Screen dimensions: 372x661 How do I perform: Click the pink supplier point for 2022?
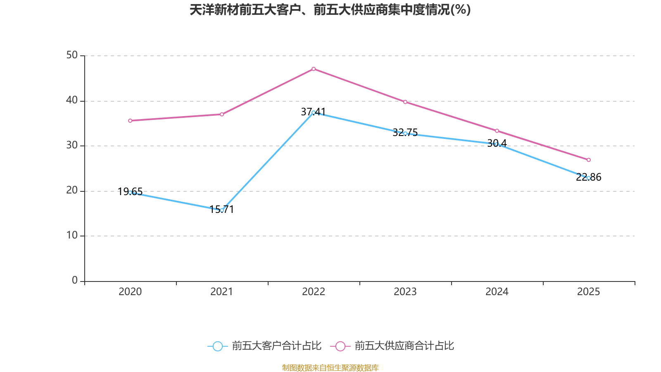pyautogui.click(x=314, y=69)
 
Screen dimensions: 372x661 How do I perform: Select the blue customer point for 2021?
pyautogui.click(x=222, y=210)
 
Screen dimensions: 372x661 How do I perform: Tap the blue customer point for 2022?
pyautogui.click(x=314, y=112)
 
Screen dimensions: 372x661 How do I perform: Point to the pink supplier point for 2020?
pyautogui.click(x=130, y=121)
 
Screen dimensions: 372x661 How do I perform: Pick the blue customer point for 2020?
pyautogui.click(x=130, y=193)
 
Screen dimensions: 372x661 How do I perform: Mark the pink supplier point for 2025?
pyautogui.click(x=589, y=160)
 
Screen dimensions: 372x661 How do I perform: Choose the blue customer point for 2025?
pyautogui.click(x=589, y=178)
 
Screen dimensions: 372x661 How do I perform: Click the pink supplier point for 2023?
pyautogui.click(x=405, y=102)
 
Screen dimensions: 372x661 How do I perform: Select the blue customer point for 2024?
pyautogui.click(x=497, y=144)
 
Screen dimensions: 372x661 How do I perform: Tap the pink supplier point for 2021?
pyautogui.click(x=222, y=114)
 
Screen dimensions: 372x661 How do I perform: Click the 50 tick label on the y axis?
pyautogui.click(x=72, y=55)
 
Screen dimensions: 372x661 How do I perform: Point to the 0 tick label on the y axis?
pyautogui.click(x=75, y=281)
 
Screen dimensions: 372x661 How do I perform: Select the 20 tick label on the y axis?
pyautogui.click(x=72, y=191)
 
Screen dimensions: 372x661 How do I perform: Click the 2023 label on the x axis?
pyautogui.click(x=405, y=292)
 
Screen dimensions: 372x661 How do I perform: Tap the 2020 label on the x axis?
pyautogui.click(x=130, y=292)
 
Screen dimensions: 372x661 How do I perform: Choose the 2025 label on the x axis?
pyautogui.click(x=589, y=292)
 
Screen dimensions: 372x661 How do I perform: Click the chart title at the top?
pyautogui.click(x=330, y=10)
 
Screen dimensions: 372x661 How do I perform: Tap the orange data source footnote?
pyautogui.click(x=330, y=367)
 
